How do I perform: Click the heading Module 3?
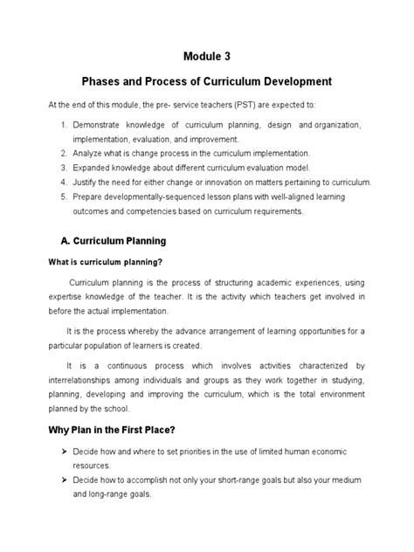click(206, 58)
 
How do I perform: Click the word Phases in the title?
click(104, 82)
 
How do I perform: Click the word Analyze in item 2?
click(93, 152)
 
